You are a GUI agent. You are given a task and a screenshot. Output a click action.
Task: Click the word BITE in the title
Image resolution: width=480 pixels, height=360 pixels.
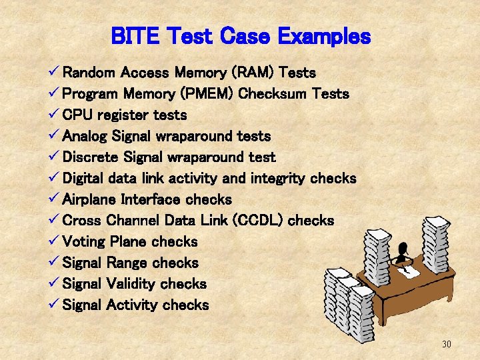coord(135,36)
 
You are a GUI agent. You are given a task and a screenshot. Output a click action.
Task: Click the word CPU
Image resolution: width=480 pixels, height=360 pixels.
coord(77,115)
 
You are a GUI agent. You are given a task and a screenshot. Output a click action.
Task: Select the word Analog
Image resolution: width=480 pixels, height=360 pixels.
coord(85,136)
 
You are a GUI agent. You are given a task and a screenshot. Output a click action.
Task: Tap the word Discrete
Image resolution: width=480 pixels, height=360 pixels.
coord(90,157)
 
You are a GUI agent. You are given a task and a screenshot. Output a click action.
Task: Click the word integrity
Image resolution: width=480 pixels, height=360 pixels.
coord(279,179)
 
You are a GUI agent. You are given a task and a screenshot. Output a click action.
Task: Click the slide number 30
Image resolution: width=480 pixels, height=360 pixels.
coord(447,344)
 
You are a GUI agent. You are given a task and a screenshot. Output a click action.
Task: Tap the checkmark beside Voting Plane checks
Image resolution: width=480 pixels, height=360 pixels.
coord(55,241)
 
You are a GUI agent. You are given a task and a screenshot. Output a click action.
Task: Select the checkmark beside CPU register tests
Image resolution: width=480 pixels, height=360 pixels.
coord(55,114)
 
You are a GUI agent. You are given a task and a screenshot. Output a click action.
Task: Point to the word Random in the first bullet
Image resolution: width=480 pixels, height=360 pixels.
coord(89,72)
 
